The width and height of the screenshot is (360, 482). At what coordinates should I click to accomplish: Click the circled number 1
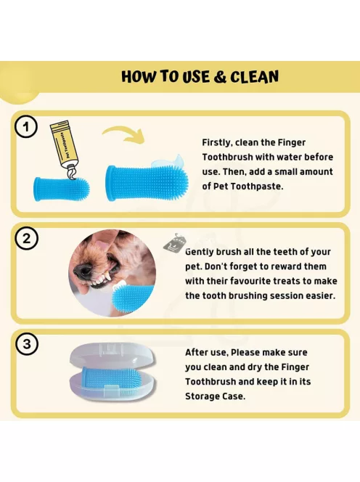pyautogui.click(x=26, y=126)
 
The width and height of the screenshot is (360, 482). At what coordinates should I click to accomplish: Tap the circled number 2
pyautogui.click(x=27, y=239)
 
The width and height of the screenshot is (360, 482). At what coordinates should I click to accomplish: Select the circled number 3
pyautogui.click(x=27, y=343)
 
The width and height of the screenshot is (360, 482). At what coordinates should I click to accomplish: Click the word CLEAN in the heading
pyautogui.click(x=254, y=77)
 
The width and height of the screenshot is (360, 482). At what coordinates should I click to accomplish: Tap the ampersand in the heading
pyautogui.click(x=219, y=77)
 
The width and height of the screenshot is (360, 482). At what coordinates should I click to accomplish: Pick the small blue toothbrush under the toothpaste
pyautogui.click(x=62, y=189)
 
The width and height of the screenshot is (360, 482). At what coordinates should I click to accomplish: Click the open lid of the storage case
pyautogui.click(x=112, y=356)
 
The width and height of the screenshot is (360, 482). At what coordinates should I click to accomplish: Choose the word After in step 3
pyautogui.click(x=196, y=352)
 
